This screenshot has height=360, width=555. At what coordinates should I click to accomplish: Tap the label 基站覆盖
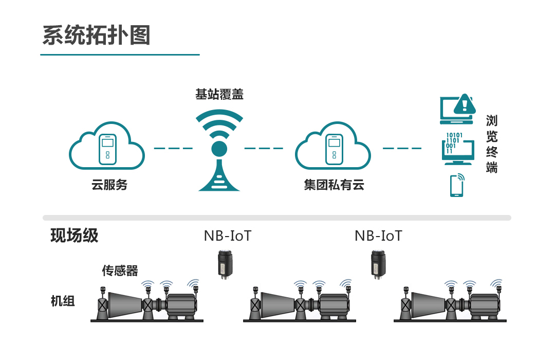pos(219,95)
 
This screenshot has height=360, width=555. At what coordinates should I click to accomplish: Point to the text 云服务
pos(109,185)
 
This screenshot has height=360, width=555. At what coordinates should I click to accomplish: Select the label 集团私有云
pos(334,185)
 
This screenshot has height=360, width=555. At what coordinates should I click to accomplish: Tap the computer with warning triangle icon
pos(455,109)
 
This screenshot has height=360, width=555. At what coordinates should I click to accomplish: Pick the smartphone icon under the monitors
pos(456,186)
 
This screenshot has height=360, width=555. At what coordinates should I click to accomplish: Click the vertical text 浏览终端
pos(492,144)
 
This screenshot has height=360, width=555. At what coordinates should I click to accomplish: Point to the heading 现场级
pos(75,236)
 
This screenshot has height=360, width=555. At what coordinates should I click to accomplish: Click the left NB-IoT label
pos(228,236)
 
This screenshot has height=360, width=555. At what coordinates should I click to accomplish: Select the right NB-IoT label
pos(378,236)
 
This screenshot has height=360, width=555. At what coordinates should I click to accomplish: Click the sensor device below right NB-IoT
pos(378,263)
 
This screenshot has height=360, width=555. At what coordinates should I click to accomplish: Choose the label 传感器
pos(120,270)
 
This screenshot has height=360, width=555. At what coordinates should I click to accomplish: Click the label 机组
pos(63,301)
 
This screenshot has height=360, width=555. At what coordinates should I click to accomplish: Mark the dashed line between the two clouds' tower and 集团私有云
pos(264,148)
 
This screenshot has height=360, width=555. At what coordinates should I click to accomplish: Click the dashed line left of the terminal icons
pos(402,148)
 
